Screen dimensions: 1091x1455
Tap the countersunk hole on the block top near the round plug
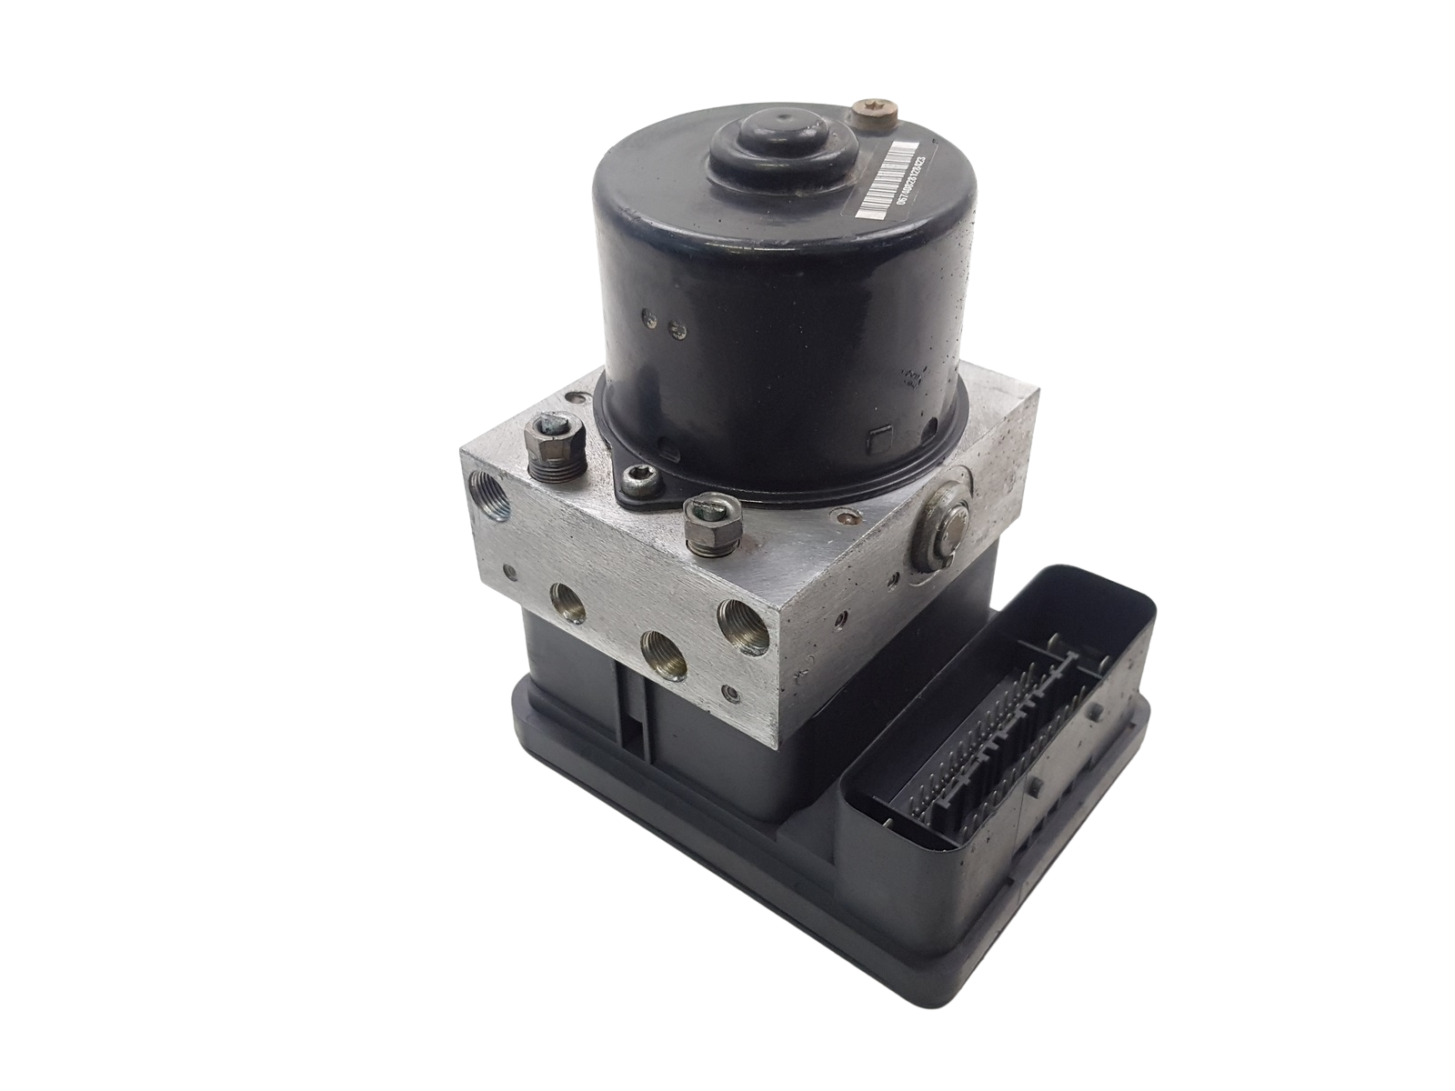pyautogui.click(x=847, y=522)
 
